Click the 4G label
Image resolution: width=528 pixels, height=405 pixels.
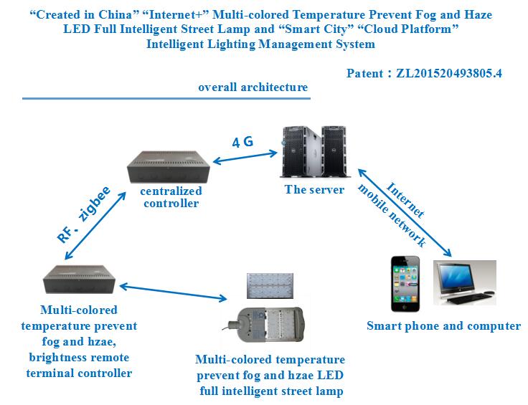coord(242,141)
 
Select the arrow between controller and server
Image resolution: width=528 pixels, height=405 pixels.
coord(242,156)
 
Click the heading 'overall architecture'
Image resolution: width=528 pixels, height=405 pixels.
coord(254,87)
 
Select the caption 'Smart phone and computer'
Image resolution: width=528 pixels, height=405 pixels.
coord(443,326)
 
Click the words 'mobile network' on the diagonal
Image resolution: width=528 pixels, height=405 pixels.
coord(392,215)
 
